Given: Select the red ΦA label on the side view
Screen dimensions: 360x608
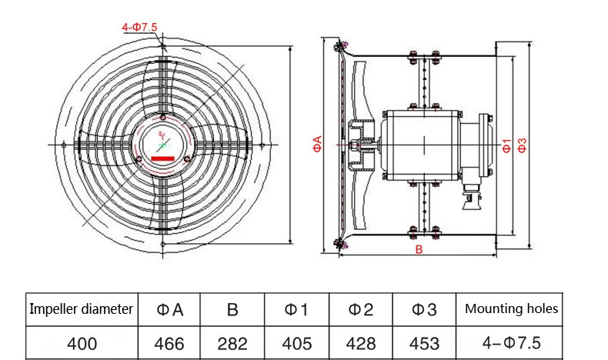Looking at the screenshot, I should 317,144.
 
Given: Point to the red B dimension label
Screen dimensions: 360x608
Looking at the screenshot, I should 419,250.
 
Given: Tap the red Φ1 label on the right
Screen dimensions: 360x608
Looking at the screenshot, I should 506,145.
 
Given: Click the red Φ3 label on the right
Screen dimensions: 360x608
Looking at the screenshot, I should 522,145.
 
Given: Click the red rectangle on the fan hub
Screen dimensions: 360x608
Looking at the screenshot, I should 162,158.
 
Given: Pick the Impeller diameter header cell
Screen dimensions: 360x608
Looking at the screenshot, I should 82,309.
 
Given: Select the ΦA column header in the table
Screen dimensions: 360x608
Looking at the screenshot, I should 169,309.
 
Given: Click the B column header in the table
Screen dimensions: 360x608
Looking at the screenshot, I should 232,309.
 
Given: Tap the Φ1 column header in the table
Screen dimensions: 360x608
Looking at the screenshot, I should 296,309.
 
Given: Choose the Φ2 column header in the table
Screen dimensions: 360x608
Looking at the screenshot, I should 360,309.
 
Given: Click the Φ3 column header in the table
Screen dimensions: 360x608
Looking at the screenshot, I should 424,309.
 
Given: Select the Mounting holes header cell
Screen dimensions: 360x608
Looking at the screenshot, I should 511,309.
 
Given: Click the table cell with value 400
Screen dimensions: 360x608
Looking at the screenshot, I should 82,343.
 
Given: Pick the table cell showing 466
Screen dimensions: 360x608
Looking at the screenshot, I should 169,343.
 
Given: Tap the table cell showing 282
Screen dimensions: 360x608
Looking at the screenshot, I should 232,343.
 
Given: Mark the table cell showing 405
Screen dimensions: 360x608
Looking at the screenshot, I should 296,343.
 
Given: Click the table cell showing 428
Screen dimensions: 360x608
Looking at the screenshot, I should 360,343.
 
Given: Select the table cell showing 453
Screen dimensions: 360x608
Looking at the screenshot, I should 424,343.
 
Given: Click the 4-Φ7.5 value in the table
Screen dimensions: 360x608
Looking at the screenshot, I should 511,343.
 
